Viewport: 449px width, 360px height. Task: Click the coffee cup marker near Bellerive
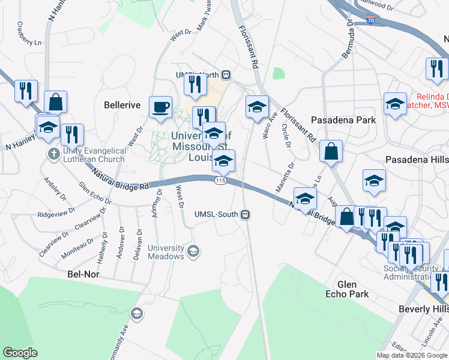click(160, 107)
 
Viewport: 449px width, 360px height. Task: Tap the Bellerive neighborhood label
click(122, 105)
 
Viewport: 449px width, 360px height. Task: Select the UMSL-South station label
click(217, 214)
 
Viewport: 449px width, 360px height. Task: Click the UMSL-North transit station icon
click(226, 75)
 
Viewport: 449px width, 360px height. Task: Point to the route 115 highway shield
click(220, 181)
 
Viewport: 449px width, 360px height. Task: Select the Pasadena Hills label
click(415, 160)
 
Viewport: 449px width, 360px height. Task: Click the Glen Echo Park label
click(347, 289)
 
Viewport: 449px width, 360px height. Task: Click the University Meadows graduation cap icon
click(193, 251)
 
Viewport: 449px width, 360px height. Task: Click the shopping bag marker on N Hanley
click(55, 103)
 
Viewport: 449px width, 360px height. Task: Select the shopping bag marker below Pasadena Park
click(331, 152)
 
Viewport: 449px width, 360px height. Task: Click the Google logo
click(20, 353)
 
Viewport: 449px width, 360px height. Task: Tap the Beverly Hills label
click(423, 308)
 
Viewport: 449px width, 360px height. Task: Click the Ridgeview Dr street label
click(55, 213)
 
